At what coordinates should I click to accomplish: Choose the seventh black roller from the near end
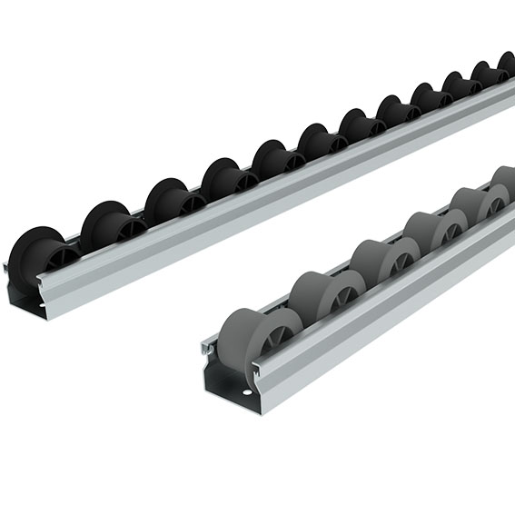coord(360,125)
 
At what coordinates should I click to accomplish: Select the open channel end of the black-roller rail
coord(25,294)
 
